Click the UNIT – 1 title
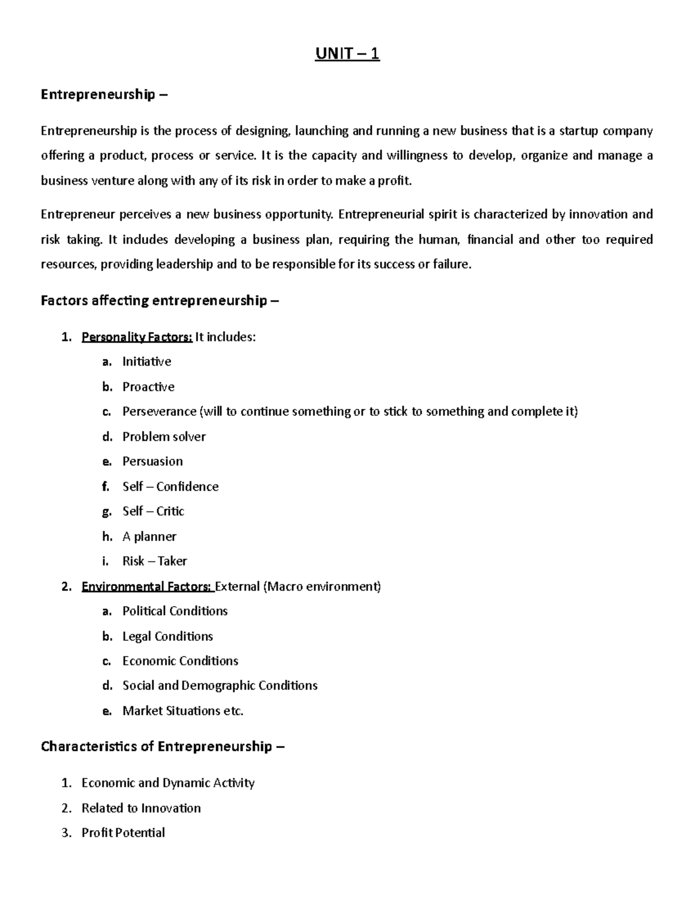(x=347, y=54)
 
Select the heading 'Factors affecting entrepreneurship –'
(x=159, y=300)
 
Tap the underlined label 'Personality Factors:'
(x=137, y=337)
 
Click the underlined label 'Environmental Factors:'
(x=147, y=586)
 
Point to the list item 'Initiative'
(x=147, y=362)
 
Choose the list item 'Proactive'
(x=148, y=387)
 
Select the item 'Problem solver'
(x=164, y=436)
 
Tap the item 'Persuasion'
(x=152, y=461)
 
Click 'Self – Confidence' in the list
(x=170, y=486)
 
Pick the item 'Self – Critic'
(x=153, y=511)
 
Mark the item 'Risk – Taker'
(x=155, y=561)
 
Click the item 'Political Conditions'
(x=175, y=611)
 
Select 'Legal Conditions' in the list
(x=167, y=636)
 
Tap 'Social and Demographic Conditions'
(x=220, y=686)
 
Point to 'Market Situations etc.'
(x=182, y=710)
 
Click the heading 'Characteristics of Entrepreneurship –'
(x=163, y=746)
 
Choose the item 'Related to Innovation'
(x=141, y=808)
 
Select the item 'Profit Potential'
(x=123, y=833)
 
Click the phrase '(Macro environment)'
(x=322, y=586)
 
